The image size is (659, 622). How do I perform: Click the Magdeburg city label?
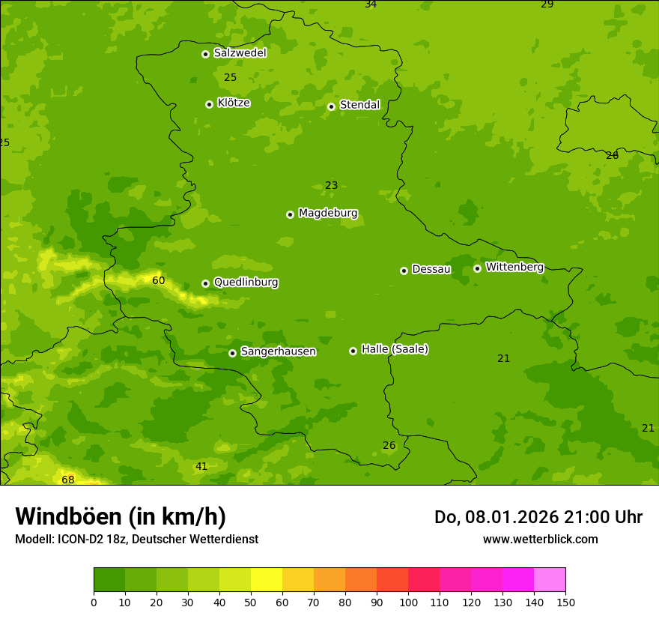click(328, 214)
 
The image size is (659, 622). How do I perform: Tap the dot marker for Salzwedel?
click(205, 54)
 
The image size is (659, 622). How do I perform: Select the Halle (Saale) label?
click(395, 350)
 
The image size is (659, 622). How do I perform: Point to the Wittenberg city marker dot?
click(477, 268)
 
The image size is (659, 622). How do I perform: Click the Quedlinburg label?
click(246, 283)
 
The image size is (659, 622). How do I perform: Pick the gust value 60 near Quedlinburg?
click(158, 280)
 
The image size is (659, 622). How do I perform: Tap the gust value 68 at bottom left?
click(68, 480)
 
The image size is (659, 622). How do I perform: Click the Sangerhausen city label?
click(278, 351)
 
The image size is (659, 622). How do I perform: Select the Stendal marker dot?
click(331, 106)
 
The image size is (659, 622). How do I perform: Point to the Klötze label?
click(234, 103)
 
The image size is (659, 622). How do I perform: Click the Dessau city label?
click(431, 269)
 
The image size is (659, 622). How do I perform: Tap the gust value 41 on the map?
click(201, 466)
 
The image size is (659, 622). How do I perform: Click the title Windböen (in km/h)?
click(121, 516)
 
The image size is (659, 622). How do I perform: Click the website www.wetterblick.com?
click(540, 539)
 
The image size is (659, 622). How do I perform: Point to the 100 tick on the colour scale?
click(408, 602)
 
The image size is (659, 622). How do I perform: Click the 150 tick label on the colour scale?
click(565, 602)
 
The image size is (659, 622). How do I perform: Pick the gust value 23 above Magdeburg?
click(331, 185)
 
